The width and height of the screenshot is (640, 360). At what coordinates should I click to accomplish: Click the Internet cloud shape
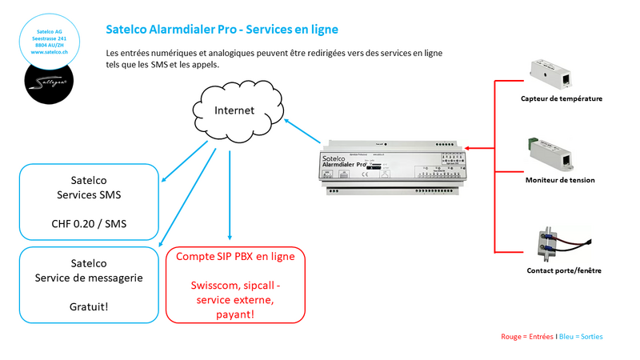point(239,110)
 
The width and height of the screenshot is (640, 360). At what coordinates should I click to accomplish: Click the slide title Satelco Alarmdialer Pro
point(222,30)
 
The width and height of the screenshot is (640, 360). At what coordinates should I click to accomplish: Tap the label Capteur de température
point(560,99)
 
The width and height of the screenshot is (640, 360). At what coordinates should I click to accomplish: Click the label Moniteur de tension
point(560,180)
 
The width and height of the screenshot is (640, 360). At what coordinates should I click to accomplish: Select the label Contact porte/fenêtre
point(564,270)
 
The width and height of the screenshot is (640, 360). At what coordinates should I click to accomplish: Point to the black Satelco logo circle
point(50,83)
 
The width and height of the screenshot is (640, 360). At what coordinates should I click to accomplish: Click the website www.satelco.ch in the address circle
point(50,52)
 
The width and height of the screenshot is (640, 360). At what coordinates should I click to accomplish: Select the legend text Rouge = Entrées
point(526,337)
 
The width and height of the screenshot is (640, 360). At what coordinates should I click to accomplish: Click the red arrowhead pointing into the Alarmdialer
point(467,147)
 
